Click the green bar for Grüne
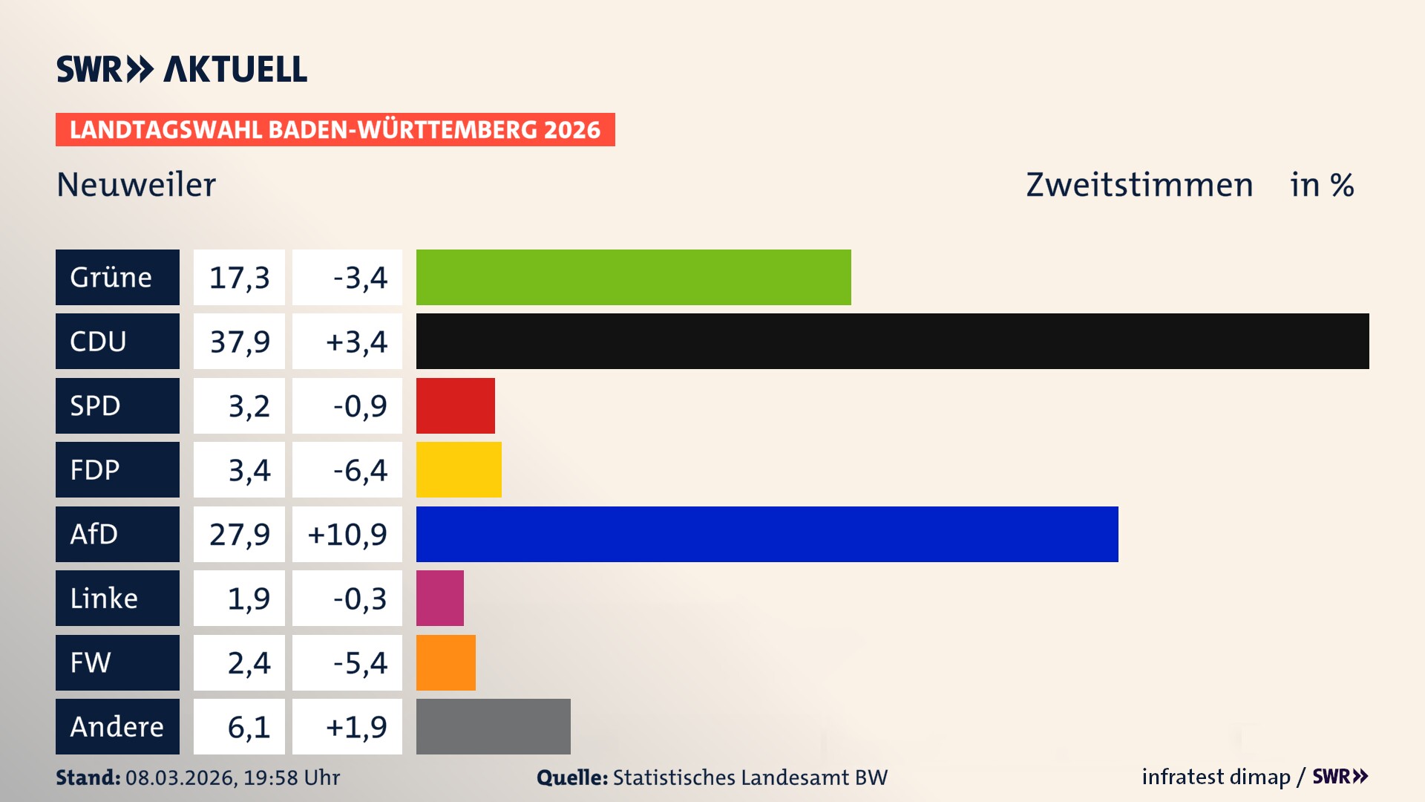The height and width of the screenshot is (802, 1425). (x=633, y=277)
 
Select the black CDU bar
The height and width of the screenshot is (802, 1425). (x=892, y=342)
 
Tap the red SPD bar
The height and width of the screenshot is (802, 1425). (x=455, y=405)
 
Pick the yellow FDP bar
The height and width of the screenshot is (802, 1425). (x=459, y=469)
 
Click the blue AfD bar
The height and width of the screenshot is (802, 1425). (x=767, y=534)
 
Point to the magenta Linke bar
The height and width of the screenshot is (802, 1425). (x=439, y=598)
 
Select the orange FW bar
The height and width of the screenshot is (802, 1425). (x=445, y=662)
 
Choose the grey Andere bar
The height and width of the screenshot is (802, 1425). (x=493, y=726)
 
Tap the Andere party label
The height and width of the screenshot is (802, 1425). (x=117, y=726)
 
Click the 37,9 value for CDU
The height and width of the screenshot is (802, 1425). (x=239, y=342)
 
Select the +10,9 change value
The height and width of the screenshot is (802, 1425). (x=347, y=534)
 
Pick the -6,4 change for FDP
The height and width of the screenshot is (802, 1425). (x=359, y=469)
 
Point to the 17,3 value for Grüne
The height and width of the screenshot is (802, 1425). (x=239, y=277)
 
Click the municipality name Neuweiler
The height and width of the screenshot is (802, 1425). (x=136, y=184)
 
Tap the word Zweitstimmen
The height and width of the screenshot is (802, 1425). (x=1139, y=184)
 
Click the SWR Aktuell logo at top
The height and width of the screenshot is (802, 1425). (x=182, y=69)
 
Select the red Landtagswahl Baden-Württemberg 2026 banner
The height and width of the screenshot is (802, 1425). (x=335, y=129)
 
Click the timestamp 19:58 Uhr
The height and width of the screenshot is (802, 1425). (x=292, y=777)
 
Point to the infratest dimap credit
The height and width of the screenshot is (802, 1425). (x=1215, y=777)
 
